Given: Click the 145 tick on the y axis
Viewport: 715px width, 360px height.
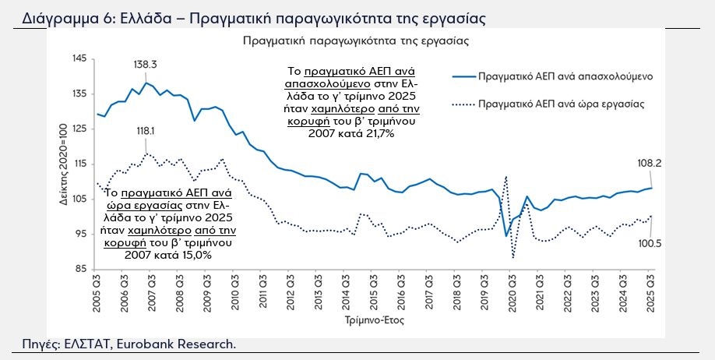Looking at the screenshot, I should pos(78,59).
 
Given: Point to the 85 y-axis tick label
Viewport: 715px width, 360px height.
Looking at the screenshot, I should pos(81,270).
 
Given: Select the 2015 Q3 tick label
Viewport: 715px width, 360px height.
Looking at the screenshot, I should pos(374,294).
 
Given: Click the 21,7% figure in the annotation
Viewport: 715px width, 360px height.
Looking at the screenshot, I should pos(379,134).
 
